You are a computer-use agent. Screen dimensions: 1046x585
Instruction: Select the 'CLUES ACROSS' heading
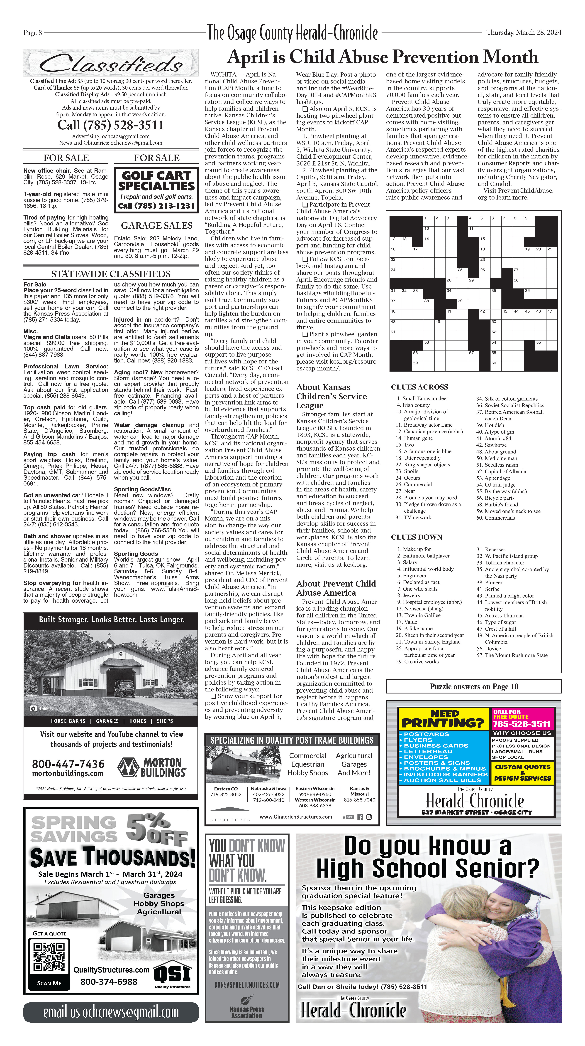point(419,387)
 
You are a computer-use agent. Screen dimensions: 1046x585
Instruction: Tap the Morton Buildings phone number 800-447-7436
point(68,764)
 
